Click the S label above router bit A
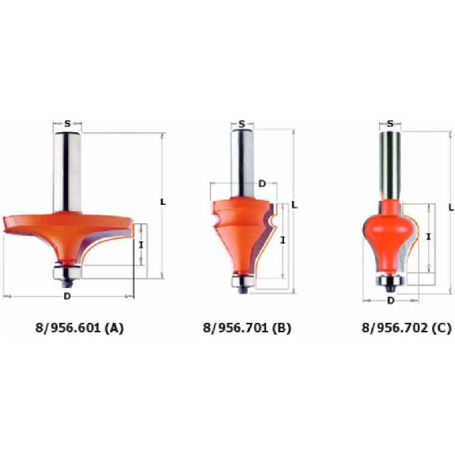coord(67,124)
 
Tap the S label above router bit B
coord(242,124)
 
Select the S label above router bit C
coord(390,124)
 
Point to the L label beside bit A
coord(163,202)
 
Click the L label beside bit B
coord(295,205)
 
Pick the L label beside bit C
coord(451,207)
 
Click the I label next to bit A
coord(142,245)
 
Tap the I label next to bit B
coord(283,240)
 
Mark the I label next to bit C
coord(428,237)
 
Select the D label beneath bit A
coord(67,297)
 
